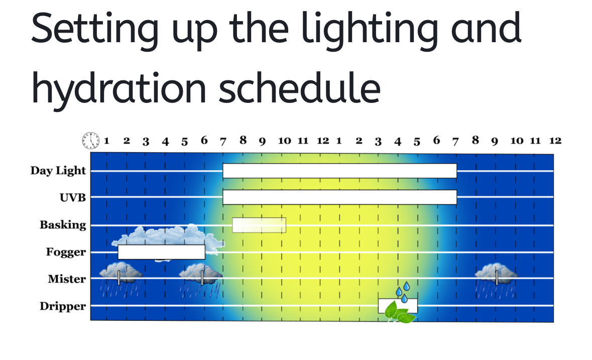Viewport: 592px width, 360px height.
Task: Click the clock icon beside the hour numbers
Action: point(91,141)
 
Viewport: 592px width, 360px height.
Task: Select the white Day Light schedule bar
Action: point(340,171)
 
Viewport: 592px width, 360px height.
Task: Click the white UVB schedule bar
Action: point(340,197)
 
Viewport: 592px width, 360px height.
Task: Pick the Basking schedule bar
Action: point(259,225)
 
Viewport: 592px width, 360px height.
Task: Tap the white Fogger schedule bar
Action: point(162,252)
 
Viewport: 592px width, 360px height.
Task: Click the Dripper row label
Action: point(63,306)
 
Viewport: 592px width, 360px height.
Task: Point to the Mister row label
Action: point(67,279)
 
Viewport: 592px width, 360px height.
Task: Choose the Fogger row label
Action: point(66,252)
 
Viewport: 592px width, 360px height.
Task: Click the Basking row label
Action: point(63,225)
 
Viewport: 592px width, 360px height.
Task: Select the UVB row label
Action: point(72,198)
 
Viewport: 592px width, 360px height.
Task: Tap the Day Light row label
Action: point(58,171)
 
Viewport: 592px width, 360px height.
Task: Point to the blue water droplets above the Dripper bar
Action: point(403,292)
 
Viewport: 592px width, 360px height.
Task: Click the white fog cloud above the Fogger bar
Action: point(168,237)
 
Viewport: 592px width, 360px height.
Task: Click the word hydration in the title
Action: point(119,89)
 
